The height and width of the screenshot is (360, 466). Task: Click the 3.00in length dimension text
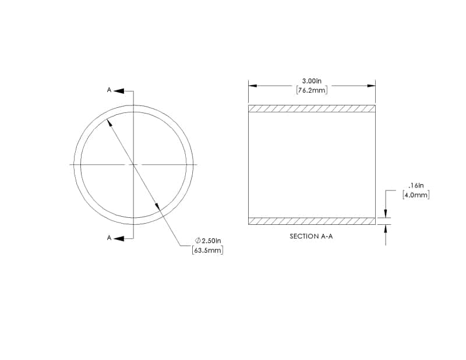(x=312, y=81)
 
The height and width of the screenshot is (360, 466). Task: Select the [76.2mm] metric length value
(x=312, y=90)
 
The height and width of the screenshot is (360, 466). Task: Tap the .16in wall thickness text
(x=416, y=186)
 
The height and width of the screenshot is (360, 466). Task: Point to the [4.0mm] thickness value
(x=416, y=195)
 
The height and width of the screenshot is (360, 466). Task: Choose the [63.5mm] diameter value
(x=208, y=250)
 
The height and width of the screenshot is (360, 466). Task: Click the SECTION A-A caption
(x=311, y=237)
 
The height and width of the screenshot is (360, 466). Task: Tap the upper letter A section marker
(x=109, y=90)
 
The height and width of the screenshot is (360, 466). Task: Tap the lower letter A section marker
(x=109, y=238)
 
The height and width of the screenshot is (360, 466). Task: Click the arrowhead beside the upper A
(x=119, y=91)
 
